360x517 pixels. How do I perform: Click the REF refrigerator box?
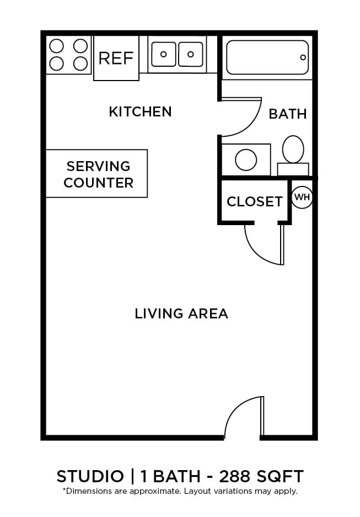(x=116, y=58)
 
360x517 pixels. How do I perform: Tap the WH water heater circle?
(x=302, y=197)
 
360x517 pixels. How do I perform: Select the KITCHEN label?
(x=140, y=111)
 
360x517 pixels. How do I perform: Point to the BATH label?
(x=287, y=114)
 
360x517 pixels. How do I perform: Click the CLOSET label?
(x=254, y=202)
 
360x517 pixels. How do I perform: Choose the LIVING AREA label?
(x=181, y=313)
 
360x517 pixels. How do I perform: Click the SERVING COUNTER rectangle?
(x=96, y=173)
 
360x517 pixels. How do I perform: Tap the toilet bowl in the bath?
(x=293, y=149)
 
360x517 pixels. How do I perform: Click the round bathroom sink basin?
(x=246, y=160)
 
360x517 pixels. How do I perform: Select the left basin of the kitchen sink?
(x=163, y=54)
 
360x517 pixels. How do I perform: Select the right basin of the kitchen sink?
(x=191, y=54)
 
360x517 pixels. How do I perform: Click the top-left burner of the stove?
(x=57, y=45)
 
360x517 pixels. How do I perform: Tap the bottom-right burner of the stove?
(x=80, y=63)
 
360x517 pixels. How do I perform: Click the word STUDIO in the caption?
(x=90, y=476)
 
